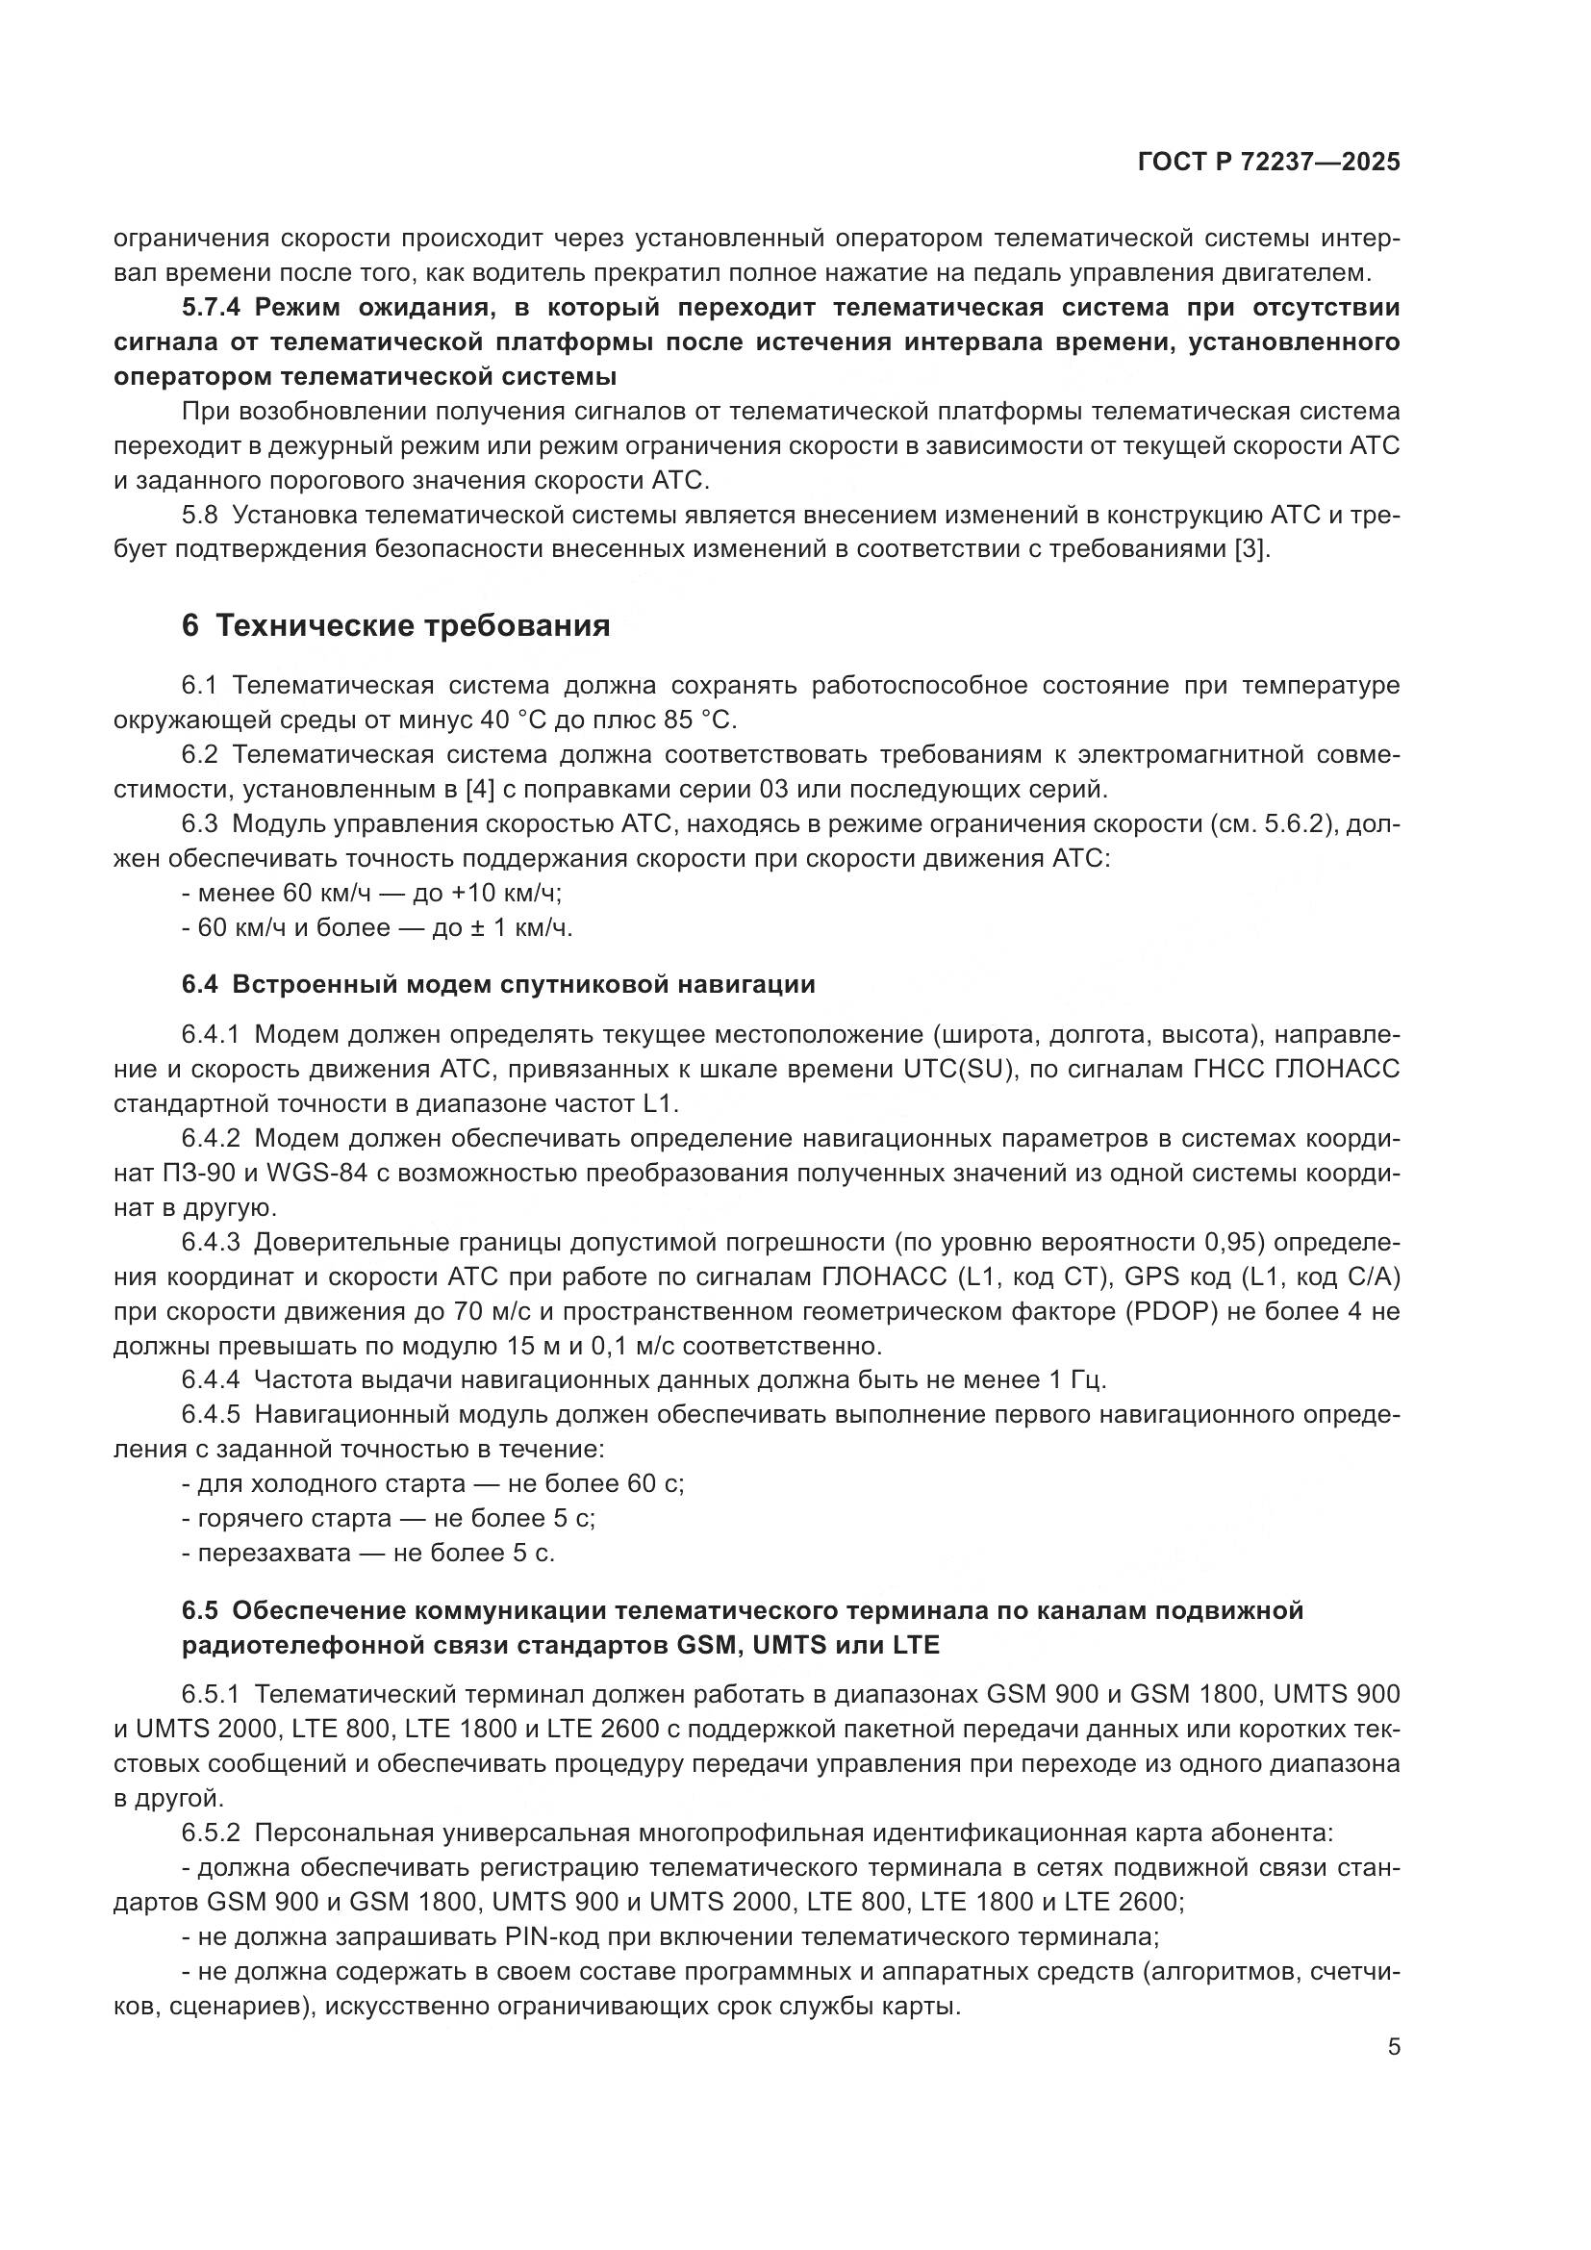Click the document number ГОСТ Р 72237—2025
pos(1269,163)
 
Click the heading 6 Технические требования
pos(395,625)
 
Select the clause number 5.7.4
pos(211,308)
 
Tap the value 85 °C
pos(698,721)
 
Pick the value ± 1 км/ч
pos(520,927)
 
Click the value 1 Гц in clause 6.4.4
pos(1076,1379)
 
